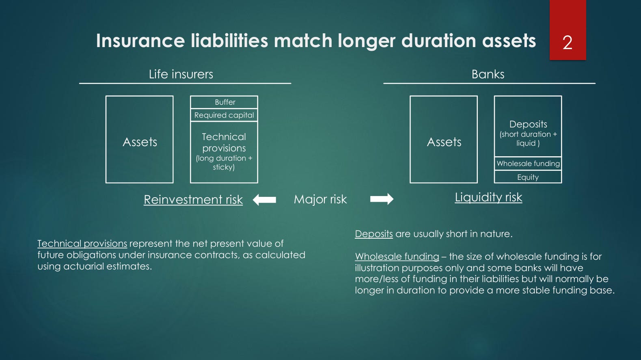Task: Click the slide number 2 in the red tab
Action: pos(567,43)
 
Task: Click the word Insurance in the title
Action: pos(140,40)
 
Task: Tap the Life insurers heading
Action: pos(181,74)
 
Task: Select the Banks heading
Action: pos(488,74)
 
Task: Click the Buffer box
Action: pos(224,102)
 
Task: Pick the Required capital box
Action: pos(224,115)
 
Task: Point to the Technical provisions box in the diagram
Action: pos(224,152)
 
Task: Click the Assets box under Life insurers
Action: pos(139,139)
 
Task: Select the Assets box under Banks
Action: pos(444,139)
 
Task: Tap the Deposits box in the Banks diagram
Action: pos(528,126)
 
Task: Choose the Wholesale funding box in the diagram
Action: pos(528,164)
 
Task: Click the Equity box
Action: pos(528,177)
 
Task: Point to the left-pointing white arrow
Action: pos(264,199)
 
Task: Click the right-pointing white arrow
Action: pos(382,199)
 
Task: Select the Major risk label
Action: pos(320,199)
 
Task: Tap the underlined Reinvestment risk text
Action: pos(193,199)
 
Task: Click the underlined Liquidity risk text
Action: pos(488,197)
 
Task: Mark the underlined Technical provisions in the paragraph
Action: pos(82,244)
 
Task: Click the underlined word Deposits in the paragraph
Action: pos(374,234)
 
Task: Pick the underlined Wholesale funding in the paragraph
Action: pos(397,257)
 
